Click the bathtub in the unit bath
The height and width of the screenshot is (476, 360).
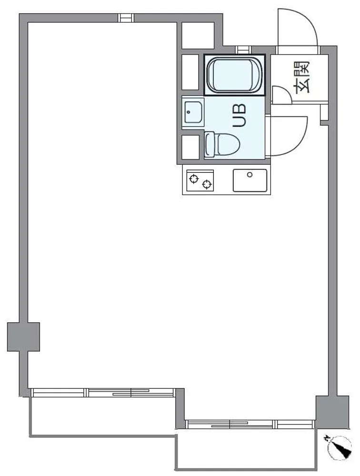tap(234, 75)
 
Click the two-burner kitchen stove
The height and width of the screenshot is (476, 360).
tap(200, 180)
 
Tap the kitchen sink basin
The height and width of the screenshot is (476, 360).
tap(250, 180)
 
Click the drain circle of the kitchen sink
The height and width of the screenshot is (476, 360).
tap(250, 175)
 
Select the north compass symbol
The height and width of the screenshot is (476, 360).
tap(340, 446)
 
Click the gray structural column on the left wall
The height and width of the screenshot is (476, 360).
tap(23, 337)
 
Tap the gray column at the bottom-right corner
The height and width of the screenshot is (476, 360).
tap(332, 412)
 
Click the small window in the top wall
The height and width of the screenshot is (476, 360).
tap(126, 18)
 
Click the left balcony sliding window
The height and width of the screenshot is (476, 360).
tap(103, 393)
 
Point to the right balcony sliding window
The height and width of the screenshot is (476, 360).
tap(250, 424)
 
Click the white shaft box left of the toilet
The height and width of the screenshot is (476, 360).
tap(190, 147)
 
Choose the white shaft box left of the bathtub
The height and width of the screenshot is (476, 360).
tap(190, 72)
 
